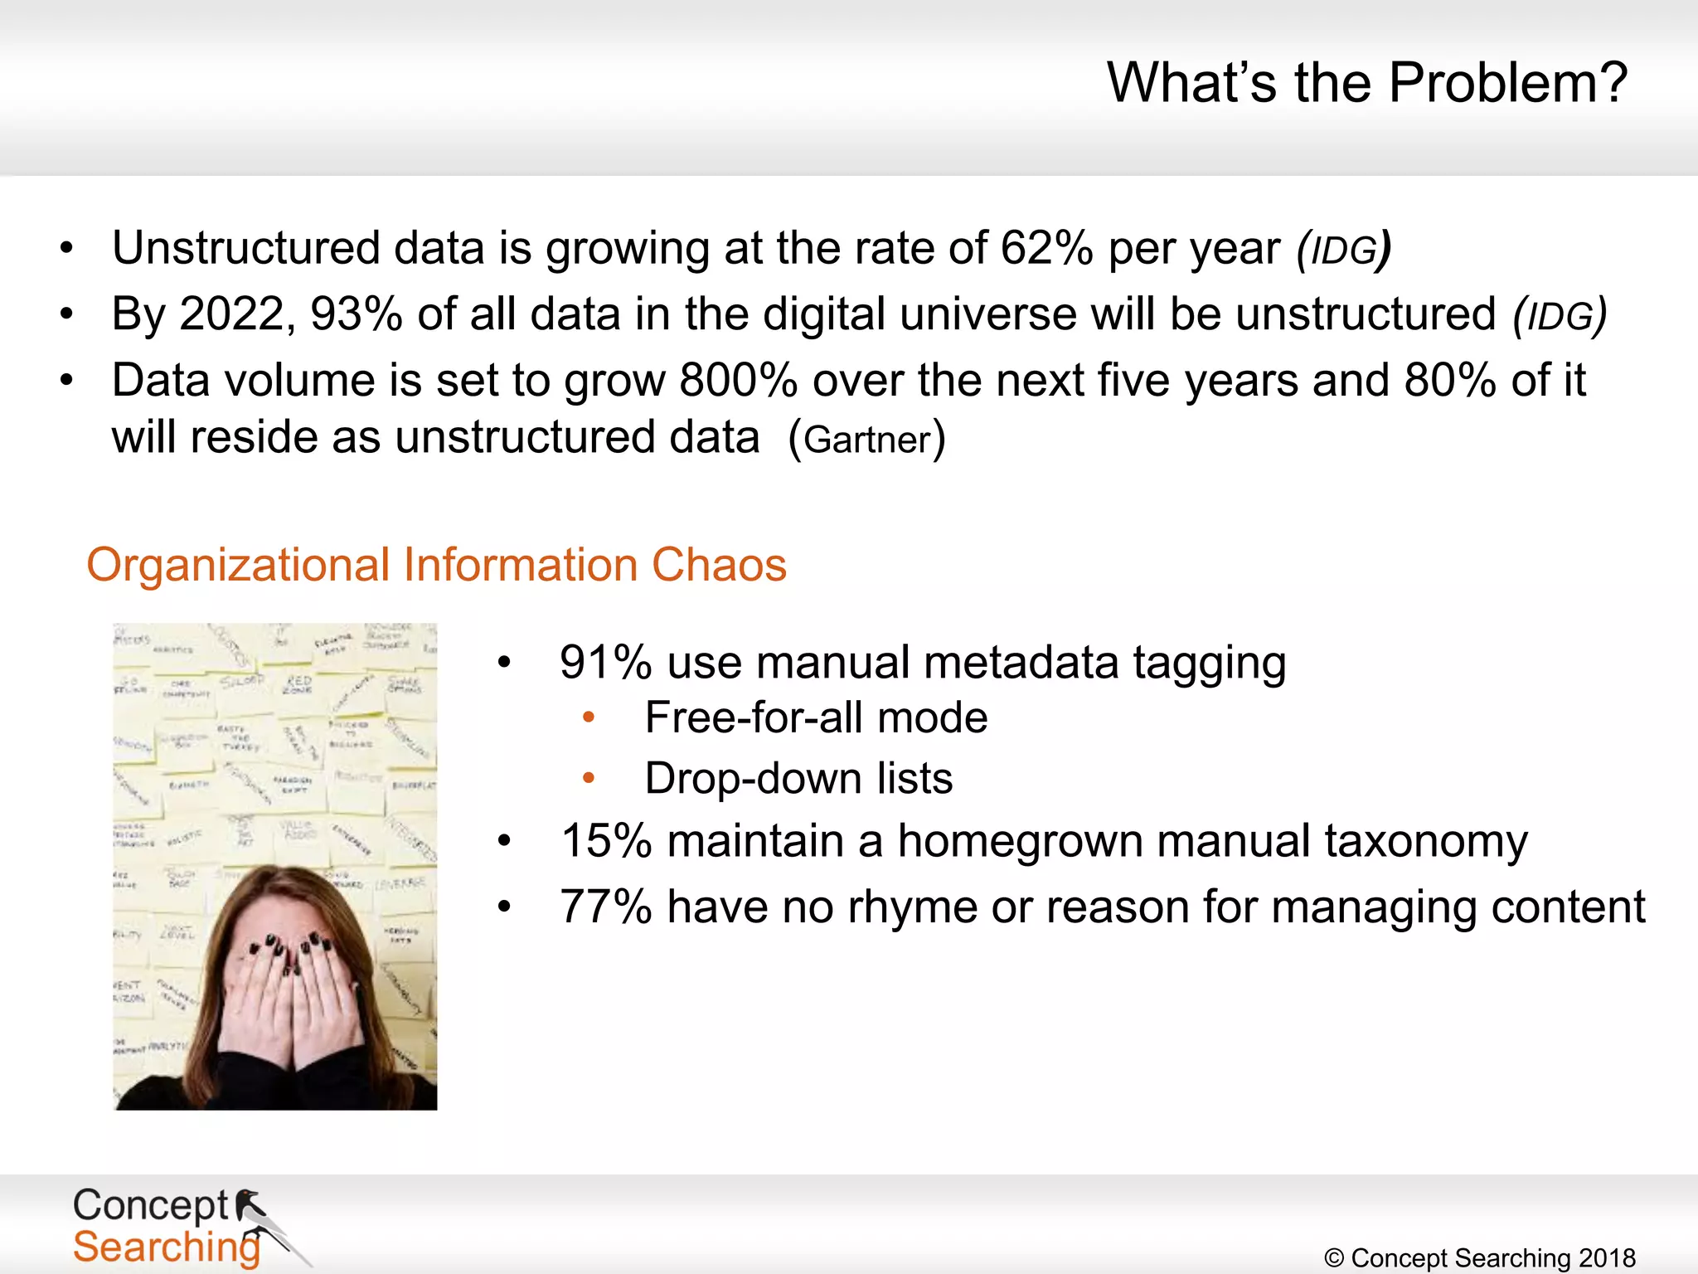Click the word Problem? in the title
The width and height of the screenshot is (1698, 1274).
coord(1507,83)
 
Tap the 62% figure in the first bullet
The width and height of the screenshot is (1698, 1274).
coord(1046,248)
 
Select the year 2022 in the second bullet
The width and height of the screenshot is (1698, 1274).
coord(232,314)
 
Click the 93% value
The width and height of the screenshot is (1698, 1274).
coord(357,314)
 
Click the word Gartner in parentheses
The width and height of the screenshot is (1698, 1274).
coord(867,440)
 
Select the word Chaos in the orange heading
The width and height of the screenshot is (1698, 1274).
coord(719,566)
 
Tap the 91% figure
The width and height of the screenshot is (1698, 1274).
coord(605,663)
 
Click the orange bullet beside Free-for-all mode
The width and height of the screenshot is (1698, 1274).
coord(589,717)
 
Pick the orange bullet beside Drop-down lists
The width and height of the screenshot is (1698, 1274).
coord(589,778)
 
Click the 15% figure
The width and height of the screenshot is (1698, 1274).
coord(606,841)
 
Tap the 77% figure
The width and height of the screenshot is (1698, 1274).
coord(606,907)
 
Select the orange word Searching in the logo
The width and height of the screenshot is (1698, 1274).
coord(166,1247)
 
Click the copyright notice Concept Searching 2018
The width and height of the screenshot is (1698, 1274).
coord(1480,1258)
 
